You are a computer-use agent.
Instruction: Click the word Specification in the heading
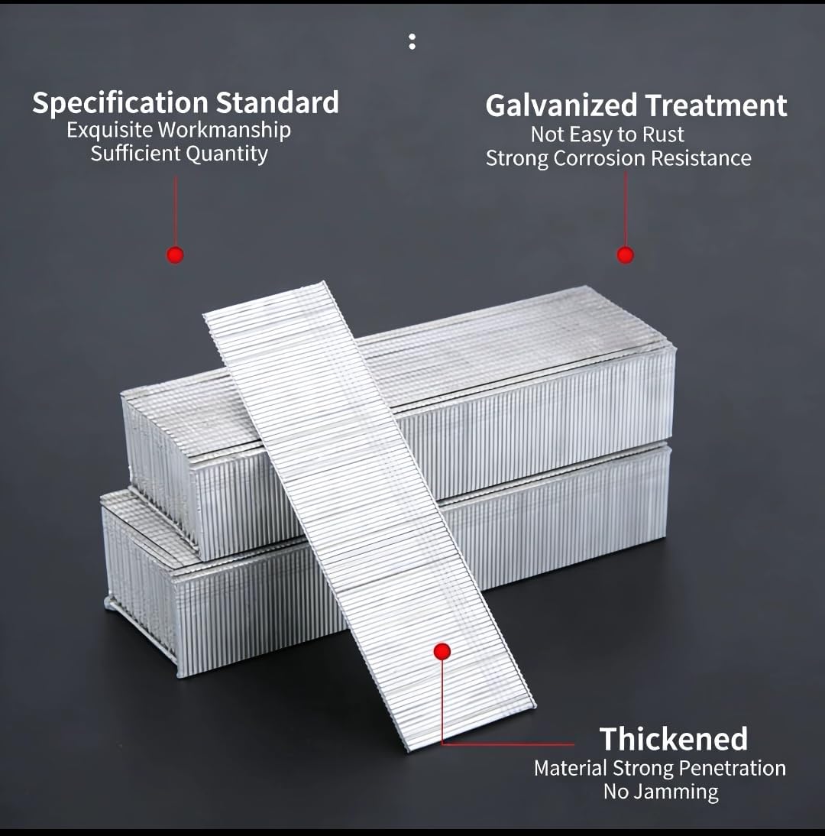pyautogui.click(x=120, y=103)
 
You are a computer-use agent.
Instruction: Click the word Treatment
pyautogui.click(x=717, y=105)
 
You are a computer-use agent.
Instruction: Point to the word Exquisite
pyautogui.click(x=110, y=131)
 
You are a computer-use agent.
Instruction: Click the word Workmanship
pyautogui.click(x=225, y=131)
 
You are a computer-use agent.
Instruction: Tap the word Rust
pyautogui.click(x=664, y=134)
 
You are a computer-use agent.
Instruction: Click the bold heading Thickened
pyautogui.click(x=674, y=739)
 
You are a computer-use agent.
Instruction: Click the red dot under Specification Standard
pyautogui.click(x=176, y=255)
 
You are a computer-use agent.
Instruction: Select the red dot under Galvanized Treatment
pyautogui.click(x=625, y=255)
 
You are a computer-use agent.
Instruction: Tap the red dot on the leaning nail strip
pyautogui.click(x=442, y=651)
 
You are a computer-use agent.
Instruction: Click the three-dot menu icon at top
pyautogui.click(x=412, y=41)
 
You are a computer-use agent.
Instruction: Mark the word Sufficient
pyautogui.click(x=136, y=154)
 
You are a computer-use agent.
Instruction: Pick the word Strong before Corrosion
pyautogui.click(x=517, y=159)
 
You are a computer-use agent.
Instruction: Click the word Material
pyautogui.click(x=571, y=768)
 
